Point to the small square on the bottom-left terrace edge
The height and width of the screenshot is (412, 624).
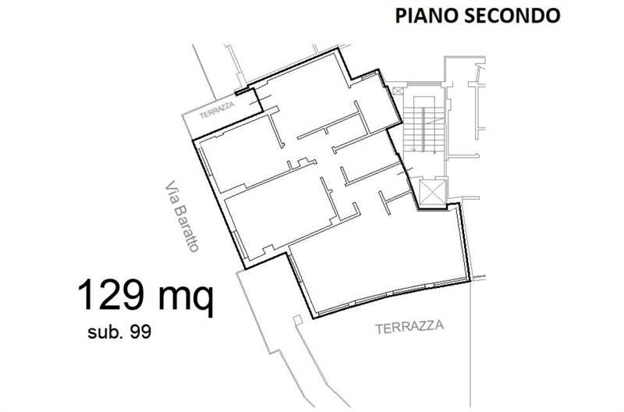tap(296, 319)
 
